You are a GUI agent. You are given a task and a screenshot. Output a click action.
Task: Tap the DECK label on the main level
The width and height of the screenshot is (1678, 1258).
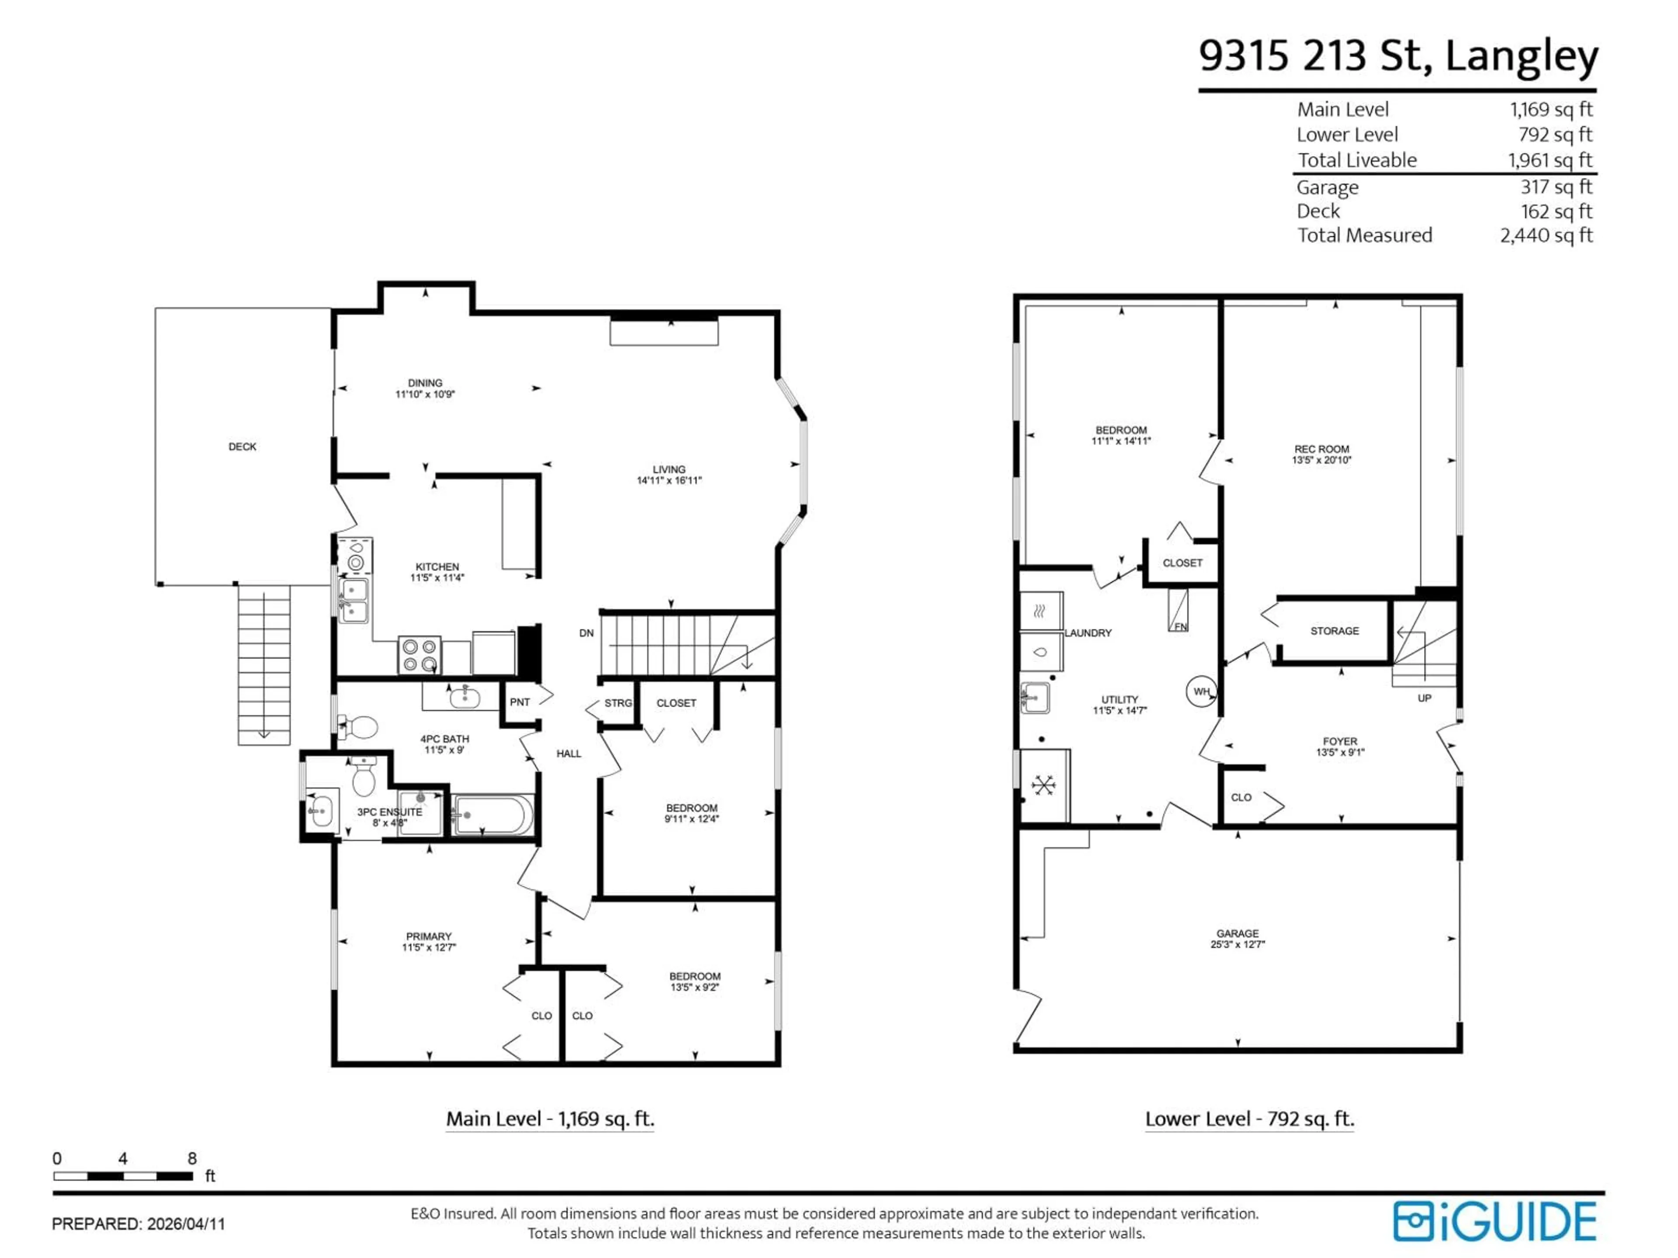point(242,446)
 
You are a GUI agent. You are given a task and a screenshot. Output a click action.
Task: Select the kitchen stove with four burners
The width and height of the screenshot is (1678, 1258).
point(419,655)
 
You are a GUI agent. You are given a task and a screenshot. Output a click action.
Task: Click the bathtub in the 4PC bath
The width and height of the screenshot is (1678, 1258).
point(493,815)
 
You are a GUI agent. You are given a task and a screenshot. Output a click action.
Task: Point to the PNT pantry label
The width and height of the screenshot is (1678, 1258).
point(520,702)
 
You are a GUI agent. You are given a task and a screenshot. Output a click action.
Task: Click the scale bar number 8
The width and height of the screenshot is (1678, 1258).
point(192,1159)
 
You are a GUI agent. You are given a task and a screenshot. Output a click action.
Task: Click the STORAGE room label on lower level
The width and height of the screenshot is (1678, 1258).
point(1335,631)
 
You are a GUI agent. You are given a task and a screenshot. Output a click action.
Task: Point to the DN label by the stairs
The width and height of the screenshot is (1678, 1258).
point(586,633)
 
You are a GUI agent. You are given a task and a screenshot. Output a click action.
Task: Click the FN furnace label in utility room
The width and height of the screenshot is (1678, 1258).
point(1180,626)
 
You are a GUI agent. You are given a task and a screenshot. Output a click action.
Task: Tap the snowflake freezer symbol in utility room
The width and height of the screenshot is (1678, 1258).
point(1044,785)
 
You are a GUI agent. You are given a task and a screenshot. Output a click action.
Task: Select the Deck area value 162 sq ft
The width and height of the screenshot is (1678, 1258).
point(1556,211)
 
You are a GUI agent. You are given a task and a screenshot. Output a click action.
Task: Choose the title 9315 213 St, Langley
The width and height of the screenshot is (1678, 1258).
point(1397,56)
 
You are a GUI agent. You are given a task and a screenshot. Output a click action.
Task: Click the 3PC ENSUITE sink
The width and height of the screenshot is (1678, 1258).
point(320,812)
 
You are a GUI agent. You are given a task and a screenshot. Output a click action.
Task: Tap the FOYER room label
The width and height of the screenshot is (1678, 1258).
point(1340,742)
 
